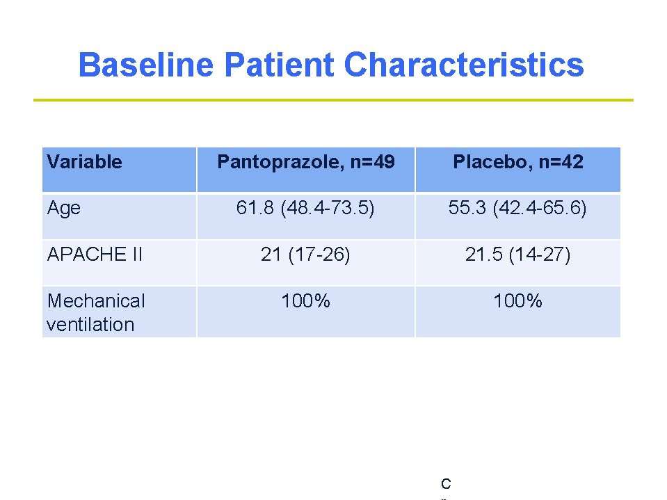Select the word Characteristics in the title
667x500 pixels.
[x=464, y=65]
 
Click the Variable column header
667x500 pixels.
[x=84, y=162]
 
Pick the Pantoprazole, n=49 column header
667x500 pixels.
[x=306, y=162]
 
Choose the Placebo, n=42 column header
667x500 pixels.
[x=518, y=162]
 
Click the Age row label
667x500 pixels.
[x=64, y=208]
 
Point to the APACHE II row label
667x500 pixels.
[x=95, y=255]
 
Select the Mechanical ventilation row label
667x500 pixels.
[x=96, y=312]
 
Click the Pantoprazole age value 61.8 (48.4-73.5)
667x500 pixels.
[x=306, y=208]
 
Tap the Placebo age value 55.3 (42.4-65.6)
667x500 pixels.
[x=518, y=208]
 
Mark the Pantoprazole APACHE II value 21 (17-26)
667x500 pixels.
[x=306, y=255]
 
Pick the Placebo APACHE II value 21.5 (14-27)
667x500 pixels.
[x=518, y=255]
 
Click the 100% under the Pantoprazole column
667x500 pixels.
[x=306, y=301]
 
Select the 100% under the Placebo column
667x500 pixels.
[x=518, y=301]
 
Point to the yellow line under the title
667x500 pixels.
[x=334, y=100]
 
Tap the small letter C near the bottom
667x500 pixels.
[x=446, y=484]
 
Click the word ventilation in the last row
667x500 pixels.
[x=90, y=324]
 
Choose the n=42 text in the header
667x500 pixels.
[x=561, y=162]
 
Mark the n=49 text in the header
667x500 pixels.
[x=373, y=162]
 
